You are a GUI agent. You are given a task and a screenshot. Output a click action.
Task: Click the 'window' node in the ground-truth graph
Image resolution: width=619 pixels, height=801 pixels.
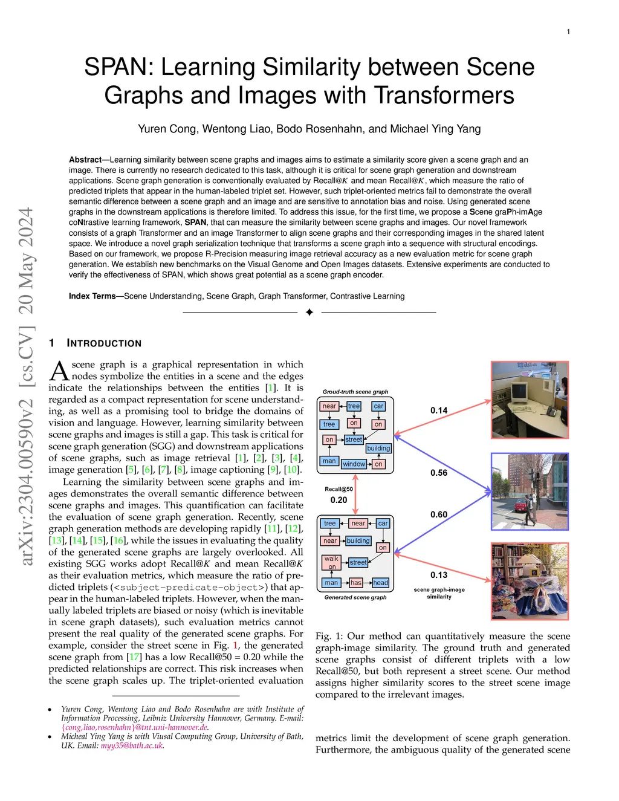tap(354, 464)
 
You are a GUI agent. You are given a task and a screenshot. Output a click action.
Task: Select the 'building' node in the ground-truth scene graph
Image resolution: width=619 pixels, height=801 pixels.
tap(378, 449)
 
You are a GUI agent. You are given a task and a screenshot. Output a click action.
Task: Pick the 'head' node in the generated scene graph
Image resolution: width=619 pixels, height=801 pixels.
tap(380, 583)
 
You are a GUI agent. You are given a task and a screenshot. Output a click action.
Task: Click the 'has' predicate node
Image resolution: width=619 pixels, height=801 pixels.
tap(356, 583)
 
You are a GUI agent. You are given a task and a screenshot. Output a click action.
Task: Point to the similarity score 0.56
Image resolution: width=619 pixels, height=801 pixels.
tap(439, 473)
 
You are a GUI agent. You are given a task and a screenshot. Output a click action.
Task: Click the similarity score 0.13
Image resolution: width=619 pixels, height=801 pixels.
tap(439, 575)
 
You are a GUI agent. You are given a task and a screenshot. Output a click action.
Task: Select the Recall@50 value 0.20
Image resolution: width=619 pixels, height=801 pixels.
tap(339, 500)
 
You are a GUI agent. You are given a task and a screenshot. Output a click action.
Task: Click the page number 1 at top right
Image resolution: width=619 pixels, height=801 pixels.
tap(568, 31)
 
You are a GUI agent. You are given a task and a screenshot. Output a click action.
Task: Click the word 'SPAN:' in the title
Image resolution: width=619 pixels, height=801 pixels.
tap(118, 67)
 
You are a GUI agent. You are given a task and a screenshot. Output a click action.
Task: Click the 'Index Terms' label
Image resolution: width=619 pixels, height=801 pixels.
tap(92, 296)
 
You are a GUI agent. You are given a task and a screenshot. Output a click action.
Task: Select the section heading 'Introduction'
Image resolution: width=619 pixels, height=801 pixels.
tap(104, 343)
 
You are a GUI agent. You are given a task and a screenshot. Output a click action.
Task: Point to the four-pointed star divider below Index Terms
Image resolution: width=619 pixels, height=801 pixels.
tap(309, 312)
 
